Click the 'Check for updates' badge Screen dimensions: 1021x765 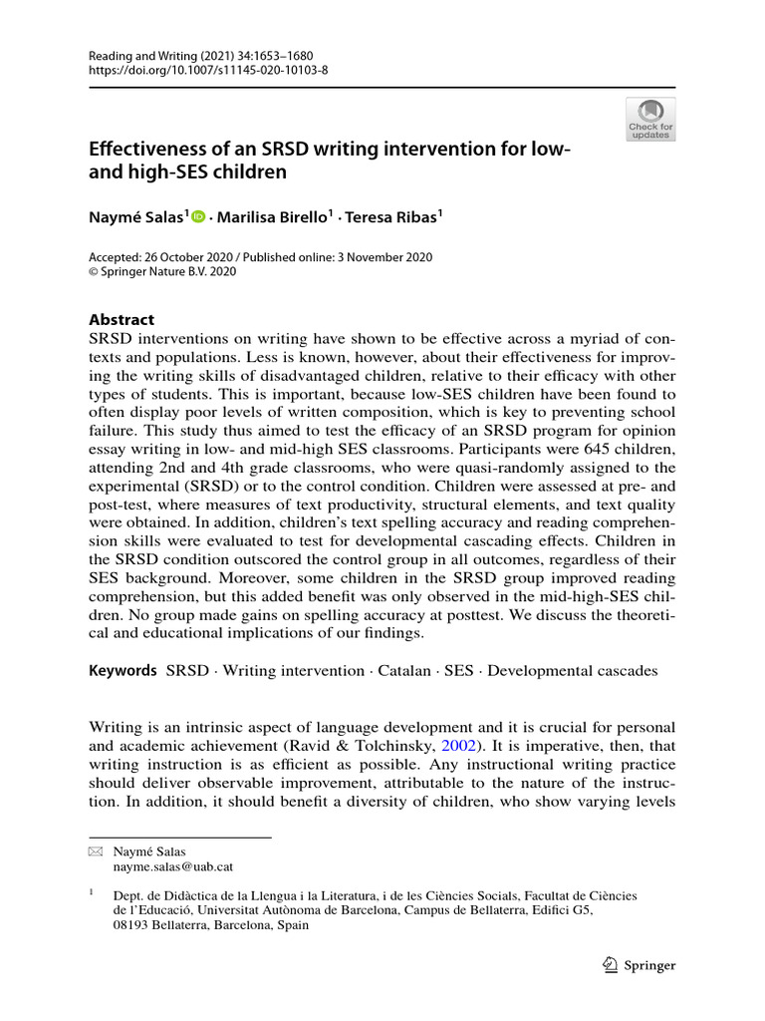(650, 118)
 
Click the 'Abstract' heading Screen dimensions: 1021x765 (122, 320)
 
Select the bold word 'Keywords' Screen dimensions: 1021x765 (123, 671)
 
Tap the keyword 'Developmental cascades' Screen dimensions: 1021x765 (573, 671)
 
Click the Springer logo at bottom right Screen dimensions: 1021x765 (639, 965)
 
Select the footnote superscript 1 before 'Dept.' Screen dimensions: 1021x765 (92, 892)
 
